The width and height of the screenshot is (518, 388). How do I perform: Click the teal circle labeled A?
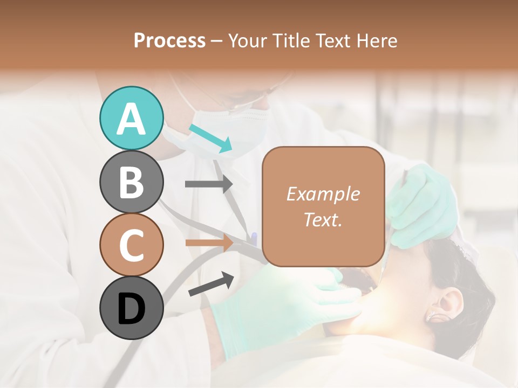(x=131, y=118)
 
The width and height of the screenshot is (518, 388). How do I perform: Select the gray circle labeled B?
(x=131, y=182)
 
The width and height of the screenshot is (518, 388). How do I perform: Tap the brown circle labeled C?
(x=131, y=245)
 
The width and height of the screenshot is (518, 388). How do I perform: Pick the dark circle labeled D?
(x=131, y=308)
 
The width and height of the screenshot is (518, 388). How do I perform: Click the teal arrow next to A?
(x=211, y=137)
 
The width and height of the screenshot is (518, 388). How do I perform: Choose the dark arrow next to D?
(x=211, y=285)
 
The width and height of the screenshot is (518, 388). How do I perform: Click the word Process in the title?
(x=169, y=40)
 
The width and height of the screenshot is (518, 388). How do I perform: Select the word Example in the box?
(x=323, y=194)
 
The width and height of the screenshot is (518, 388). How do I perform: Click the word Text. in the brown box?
(x=323, y=219)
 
